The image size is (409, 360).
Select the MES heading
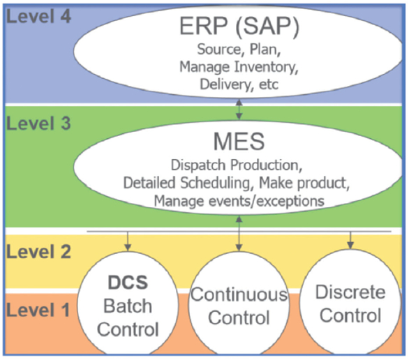[x=239, y=144]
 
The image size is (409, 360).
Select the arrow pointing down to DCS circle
[x=128, y=240]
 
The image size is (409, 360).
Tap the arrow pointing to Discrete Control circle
[x=350, y=240]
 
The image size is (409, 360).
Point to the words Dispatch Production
[x=239, y=166]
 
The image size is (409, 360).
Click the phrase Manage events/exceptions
[x=239, y=200]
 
